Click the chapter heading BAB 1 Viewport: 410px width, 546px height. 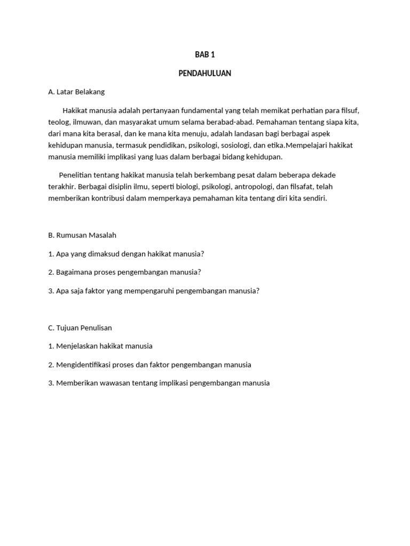[204, 55]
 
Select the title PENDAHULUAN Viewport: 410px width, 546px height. [204, 74]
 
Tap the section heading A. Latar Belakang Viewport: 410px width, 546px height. [76, 92]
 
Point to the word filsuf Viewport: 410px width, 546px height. [349, 111]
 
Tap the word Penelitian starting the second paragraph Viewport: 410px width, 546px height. [76, 175]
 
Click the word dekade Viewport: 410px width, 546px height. [322, 175]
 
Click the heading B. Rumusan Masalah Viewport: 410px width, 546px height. [82, 235]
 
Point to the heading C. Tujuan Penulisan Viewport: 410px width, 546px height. [80, 327]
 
